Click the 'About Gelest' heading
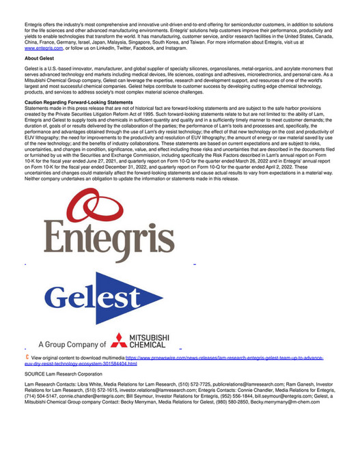pyautogui.click(x=40, y=60)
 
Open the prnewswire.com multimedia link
pyautogui.click(x=225, y=357)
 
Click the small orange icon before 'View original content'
pyautogui.click(x=27, y=357)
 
